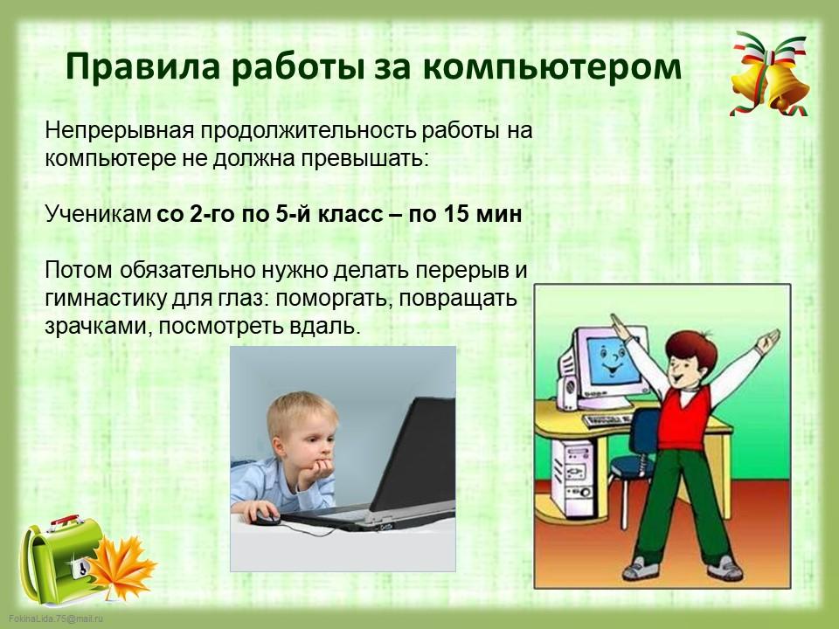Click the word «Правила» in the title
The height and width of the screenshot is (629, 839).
point(142,68)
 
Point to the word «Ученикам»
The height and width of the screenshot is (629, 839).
point(98,214)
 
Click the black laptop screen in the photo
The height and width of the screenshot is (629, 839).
point(414,453)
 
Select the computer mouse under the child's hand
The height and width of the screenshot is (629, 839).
point(266,517)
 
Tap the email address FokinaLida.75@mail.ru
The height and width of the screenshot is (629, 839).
point(56,619)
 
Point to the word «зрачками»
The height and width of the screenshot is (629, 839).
point(95,326)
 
